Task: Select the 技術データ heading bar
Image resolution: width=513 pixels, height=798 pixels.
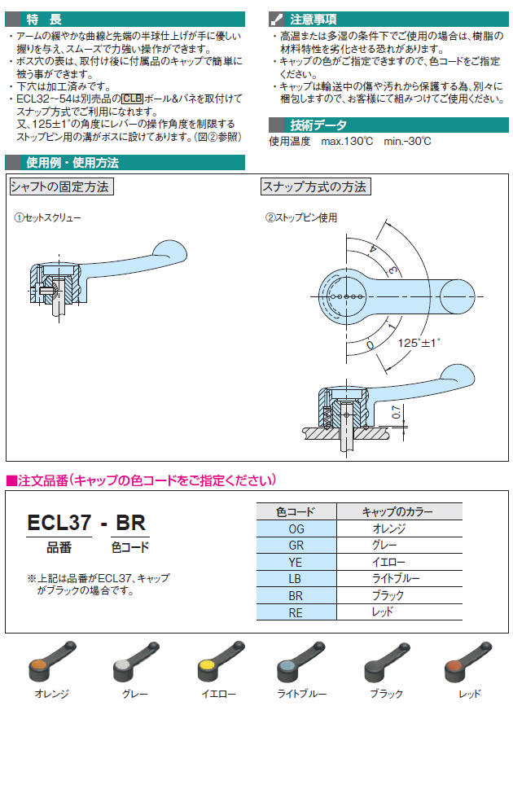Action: point(318,125)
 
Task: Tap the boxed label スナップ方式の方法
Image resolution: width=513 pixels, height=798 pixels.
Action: point(314,187)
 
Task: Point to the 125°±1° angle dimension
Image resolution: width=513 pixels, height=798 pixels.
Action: point(419,342)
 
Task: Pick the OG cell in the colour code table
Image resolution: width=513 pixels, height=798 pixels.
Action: point(296,529)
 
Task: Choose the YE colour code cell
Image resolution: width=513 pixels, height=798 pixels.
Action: point(296,562)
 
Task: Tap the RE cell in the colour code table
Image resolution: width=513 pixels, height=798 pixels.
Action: point(296,612)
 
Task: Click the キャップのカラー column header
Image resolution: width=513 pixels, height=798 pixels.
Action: point(397,512)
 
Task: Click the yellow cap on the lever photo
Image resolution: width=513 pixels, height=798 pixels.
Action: point(207,667)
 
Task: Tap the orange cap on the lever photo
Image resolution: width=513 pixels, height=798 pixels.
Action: point(37,667)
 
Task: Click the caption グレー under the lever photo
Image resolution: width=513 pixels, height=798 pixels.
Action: point(134,695)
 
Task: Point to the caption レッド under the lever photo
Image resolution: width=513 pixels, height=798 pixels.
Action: point(470,695)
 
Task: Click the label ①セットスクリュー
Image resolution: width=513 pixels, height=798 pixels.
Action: point(48,218)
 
